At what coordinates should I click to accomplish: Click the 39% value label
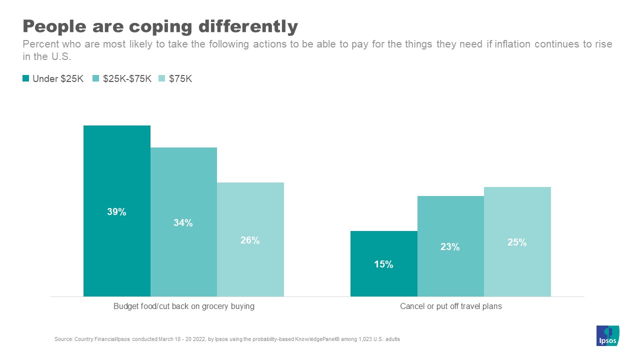pyautogui.click(x=116, y=212)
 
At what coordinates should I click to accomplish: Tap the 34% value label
pyautogui.click(x=183, y=223)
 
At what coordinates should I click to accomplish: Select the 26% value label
pyautogui.click(x=250, y=240)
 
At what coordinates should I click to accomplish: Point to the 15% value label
pyautogui.click(x=383, y=264)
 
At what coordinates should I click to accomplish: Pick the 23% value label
pyautogui.click(x=450, y=247)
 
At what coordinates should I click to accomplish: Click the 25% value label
pyautogui.click(x=517, y=242)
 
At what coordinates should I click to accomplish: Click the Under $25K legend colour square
pyautogui.click(x=25, y=78)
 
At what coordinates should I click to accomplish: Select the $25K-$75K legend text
pyautogui.click(x=127, y=78)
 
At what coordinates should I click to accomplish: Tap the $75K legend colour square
pyautogui.click(x=162, y=78)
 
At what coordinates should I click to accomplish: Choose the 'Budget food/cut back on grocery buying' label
pyautogui.click(x=183, y=306)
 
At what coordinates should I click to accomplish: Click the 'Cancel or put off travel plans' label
pyautogui.click(x=450, y=306)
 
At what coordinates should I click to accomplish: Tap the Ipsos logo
pyautogui.click(x=607, y=336)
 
